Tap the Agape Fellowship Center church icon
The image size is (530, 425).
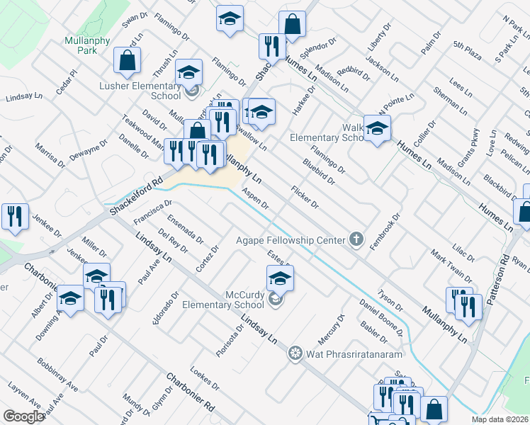pos(356,240)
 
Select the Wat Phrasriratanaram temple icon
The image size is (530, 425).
pos(295,352)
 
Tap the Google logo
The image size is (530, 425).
pos(23,416)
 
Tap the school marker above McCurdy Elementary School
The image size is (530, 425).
pos(280,277)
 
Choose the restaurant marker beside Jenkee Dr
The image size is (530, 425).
pos(13,216)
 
